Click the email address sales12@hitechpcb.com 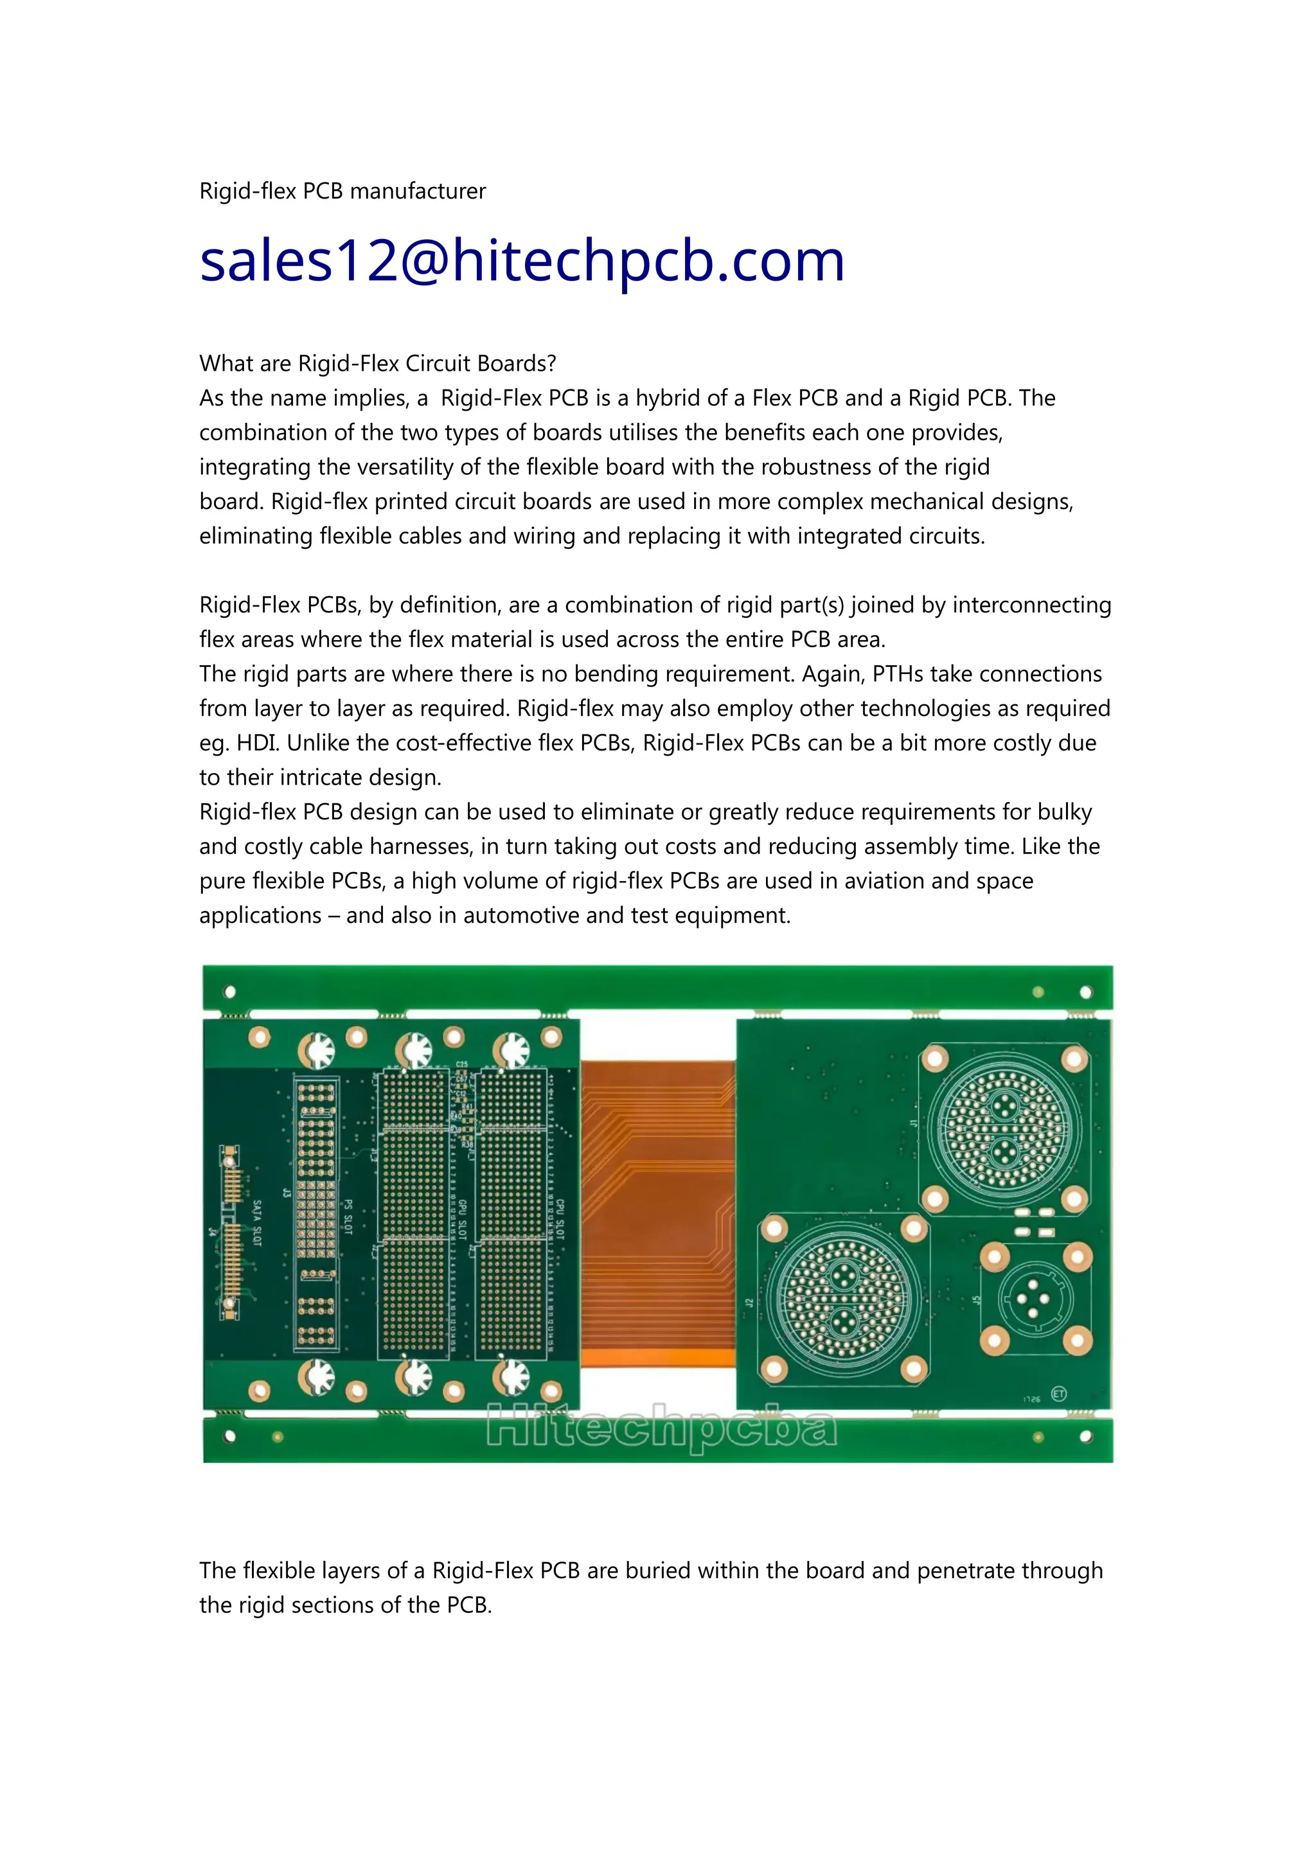tap(522, 261)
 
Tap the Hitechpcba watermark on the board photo tap(661, 1427)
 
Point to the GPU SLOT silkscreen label tap(463, 1219)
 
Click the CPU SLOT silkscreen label tap(560, 1219)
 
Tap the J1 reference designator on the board tap(913, 1123)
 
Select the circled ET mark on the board tap(1058, 1393)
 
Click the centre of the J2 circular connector tap(843, 1299)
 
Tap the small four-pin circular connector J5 tap(1034, 1299)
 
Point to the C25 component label tap(462, 1064)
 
